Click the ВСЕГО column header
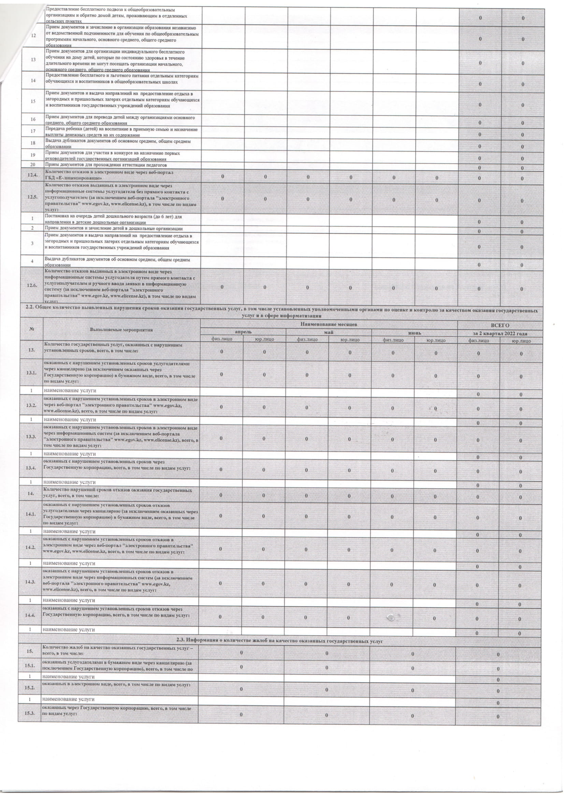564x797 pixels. (x=500, y=326)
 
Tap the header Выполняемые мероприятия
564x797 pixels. (x=121, y=330)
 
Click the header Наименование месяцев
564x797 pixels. (x=329, y=324)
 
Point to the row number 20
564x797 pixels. (x=33, y=164)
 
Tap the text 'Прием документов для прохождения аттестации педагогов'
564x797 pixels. (x=106, y=164)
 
